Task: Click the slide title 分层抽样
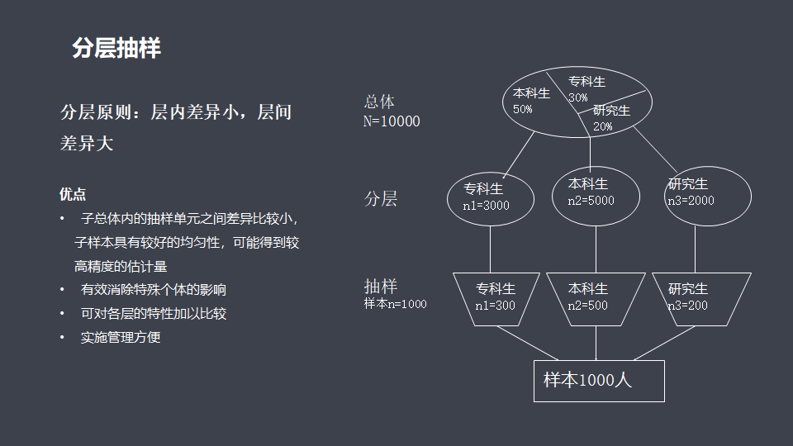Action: pyautogui.click(x=116, y=49)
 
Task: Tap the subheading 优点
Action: pyautogui.click(x=73, y=194)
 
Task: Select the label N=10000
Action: pyautogui.click(x=392, y=121)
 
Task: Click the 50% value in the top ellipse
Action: pyautogui.click(x=523, y=109)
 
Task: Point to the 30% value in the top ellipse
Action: pyautogui.click(x=578, y=97)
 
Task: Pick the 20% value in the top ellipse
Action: pyautogui.click(x=602, y=126)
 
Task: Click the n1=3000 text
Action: pyautogui.click(x=486, y=206)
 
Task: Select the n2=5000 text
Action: pyautogui.click(x=591, y=200)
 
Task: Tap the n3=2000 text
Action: pyautogui.click(x=691, y=200)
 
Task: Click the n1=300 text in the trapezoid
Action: pyautogui.click(x=495, y=306)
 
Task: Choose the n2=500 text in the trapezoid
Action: pyautogui.click(x=587, y=306)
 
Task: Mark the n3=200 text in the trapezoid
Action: pyautogui.click(x=688, y=306)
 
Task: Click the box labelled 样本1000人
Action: pyautogui.click(x=599, y=381)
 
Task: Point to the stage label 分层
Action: pyautogui.click(x=381, y=198)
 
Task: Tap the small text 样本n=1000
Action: pyautogui.click(x=396, y=304)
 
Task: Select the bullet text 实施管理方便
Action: pyautogui.click(x=121, y=337)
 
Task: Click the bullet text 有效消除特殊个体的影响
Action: pyautogui.click(x=154, y=290)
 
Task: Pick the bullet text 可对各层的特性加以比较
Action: pyautogui.click(x=154, y=314)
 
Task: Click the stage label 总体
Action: pyautogui.click(x=380, y=102)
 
